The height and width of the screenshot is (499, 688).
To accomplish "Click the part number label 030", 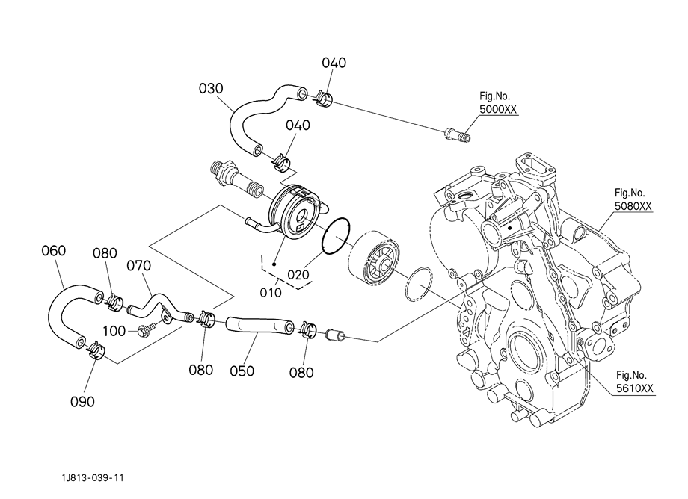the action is (211, 88).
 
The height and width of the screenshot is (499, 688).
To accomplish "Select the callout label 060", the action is (54, 250).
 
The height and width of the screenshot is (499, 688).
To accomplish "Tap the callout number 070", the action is (138, 265).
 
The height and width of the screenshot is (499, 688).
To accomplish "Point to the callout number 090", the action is (82, 401).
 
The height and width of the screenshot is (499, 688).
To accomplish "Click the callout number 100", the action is (114, 331).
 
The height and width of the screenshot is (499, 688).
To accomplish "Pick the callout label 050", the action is (242, 371).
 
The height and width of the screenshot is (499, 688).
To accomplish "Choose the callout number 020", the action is (298, 275).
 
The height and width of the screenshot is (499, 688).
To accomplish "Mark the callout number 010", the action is (271, 292).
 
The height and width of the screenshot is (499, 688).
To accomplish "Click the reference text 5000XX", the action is (498, 109).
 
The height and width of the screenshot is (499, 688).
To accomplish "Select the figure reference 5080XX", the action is (633, 206).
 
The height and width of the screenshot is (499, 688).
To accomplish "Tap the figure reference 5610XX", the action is (634, 388).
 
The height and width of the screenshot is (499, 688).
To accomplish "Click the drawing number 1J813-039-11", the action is (93, 477).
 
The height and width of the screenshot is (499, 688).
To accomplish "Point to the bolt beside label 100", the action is (147, 329).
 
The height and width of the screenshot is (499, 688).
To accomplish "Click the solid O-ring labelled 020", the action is (336, 236).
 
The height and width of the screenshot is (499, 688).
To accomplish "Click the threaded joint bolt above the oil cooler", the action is (236, 179).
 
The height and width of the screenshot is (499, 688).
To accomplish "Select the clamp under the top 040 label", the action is (323, 99).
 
